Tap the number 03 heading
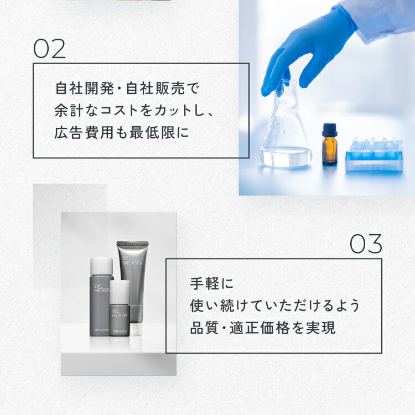366,243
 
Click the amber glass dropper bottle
330,147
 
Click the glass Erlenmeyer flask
286,133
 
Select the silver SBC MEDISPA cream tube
132,288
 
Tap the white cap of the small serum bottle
119,288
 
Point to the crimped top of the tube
132,244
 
